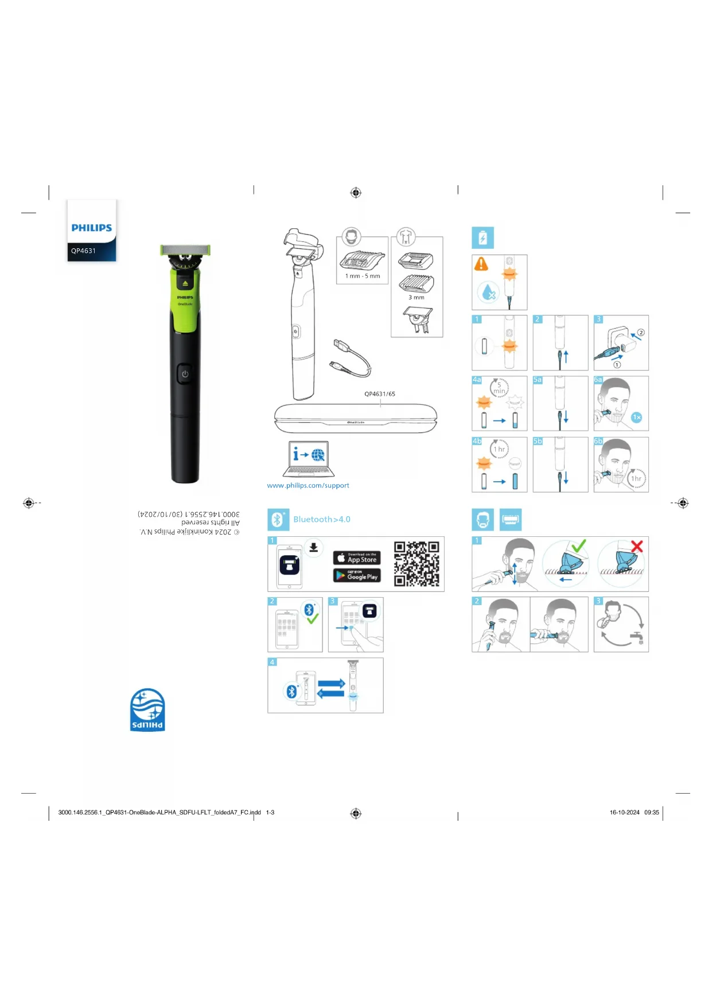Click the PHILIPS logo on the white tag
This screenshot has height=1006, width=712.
91,228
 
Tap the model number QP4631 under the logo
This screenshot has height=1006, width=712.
84,251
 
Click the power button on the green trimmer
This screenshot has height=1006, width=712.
185,373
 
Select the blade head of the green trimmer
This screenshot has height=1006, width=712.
185,249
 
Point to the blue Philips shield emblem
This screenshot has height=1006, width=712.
147,709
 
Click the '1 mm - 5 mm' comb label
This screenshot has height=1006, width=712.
363,276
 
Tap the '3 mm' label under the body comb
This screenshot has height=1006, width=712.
417,297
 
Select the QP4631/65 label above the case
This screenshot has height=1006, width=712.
380,394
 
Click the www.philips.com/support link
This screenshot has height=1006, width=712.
308,485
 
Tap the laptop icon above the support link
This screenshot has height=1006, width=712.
309,458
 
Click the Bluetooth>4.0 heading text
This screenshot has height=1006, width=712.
322,519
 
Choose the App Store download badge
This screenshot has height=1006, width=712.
356,557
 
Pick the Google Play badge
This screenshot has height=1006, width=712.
356,575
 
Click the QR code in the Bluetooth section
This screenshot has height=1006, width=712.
417,564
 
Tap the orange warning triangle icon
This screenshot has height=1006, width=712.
481,264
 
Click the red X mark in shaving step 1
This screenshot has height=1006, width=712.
637,547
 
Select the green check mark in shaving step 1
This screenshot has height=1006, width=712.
578,545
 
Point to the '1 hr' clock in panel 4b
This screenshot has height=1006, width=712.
500,449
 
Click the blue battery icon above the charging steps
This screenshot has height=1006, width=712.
483,237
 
